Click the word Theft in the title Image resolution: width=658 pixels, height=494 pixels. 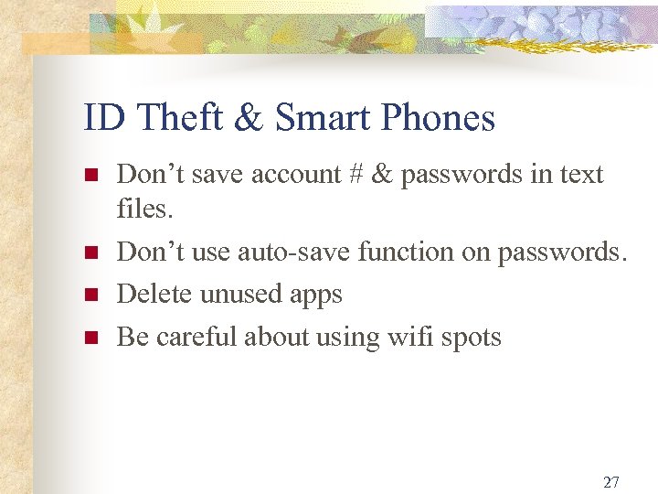pyautogui.click(x=170, y=118)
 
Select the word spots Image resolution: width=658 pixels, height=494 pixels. pyautogui.click(x=472, y=338)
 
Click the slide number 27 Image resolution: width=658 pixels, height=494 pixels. pyautogui.click(x=611, y=482)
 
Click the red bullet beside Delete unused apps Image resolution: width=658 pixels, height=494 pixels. pyautogui.click(x=90, y=295)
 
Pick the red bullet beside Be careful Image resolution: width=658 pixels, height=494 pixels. pyautogui.click(x=90, y=338)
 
